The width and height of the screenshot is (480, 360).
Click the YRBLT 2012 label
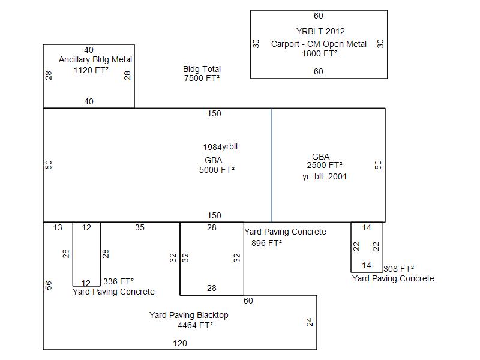[320, 31]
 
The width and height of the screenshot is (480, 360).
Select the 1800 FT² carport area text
[319, 53]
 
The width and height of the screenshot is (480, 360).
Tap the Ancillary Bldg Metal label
[95, 60]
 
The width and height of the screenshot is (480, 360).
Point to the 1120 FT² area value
[91, 70]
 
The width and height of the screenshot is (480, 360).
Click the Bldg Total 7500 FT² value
[202, 78]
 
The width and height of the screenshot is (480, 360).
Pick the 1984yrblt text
[225, 147]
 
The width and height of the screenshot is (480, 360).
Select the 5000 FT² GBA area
[217, 170]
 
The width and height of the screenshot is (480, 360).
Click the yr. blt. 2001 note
[325, 176]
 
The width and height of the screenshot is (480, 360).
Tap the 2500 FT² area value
[325, 165]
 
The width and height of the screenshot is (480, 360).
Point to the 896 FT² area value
[266, 243]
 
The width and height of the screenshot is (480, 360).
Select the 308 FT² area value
[398, 269]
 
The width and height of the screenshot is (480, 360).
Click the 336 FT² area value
[118, 281]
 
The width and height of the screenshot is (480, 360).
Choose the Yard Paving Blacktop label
[188, 315]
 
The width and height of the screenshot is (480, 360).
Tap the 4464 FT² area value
[195, 325]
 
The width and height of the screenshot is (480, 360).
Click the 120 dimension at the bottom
[180, 343]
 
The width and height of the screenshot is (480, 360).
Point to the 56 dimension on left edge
[49, 286]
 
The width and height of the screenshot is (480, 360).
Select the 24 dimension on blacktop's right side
[310, 322]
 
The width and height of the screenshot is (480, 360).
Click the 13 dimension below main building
[58, 227]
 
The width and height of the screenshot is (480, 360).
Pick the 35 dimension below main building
[140, 227]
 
